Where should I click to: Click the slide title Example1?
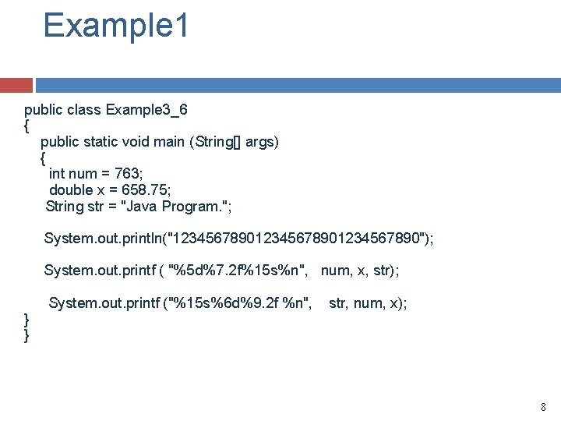click(x=116, y=25)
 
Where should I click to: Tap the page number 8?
click(x=543, y=406)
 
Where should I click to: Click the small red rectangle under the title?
click(x=16, y=85)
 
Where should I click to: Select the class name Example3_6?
click(x=146, y=109)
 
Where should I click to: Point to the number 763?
click(x=126, y=174)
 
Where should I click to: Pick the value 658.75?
click(x=146, y=190)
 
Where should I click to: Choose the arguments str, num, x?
click(x=367, y=302)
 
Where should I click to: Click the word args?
click(x=259, y=142)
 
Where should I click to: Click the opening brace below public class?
click(x=27, y=125)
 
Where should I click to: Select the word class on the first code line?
click(x=83, y=109)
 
